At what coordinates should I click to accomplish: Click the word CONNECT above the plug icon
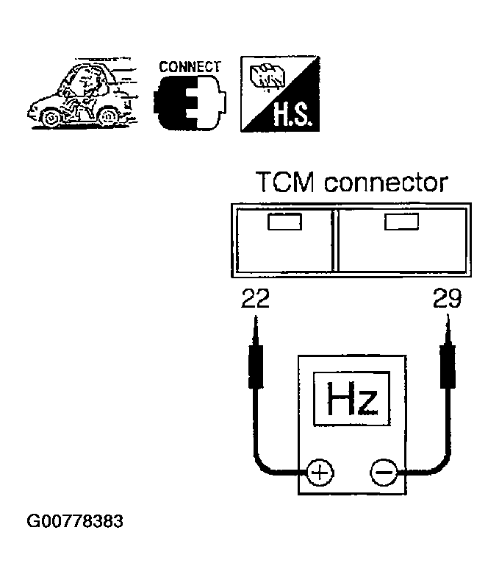pyautogui.click(x=190, y=67)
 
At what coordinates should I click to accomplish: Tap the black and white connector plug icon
pyautogui.click(x=190, y=102)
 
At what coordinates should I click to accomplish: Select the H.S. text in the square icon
pyautogui.click(x=291, y=115)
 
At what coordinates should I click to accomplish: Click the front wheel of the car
pyautogui.click(x=50, y=118)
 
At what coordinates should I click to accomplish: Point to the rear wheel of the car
pyautogui.click(x=107, y=116)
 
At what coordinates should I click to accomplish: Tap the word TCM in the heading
pyautogui.click(x=285, y=182)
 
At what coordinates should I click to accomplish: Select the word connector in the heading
pyautogui.click(x=386, y=183)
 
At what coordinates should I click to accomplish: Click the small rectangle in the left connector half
pyautogui.click(x=284, y=222)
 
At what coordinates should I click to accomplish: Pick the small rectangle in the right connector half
pyautogui.click(x=401, y=222)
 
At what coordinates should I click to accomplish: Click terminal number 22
pyautogui.click(x=255, y=298)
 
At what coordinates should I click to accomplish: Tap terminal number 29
pyautogui.click(x=447, y=298)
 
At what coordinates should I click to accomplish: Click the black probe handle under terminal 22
pyautogui.click(x=256, y=367)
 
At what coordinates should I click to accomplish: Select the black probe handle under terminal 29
pyautogui.click(x=448, y=367)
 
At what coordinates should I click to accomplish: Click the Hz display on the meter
pyautogui.click(x=351, y=398)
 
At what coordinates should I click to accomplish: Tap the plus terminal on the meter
pyautogui.click(x=320, y=473)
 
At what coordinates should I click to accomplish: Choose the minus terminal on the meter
pyautogui.click(x=384, y=473)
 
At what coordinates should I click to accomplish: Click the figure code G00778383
pyautogui.click(x=75, y=521)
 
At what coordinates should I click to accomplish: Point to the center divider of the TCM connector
pyautogui.click(x=335, y=240)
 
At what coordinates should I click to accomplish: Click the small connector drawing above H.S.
pyautogui.click(x=268, y=77)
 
